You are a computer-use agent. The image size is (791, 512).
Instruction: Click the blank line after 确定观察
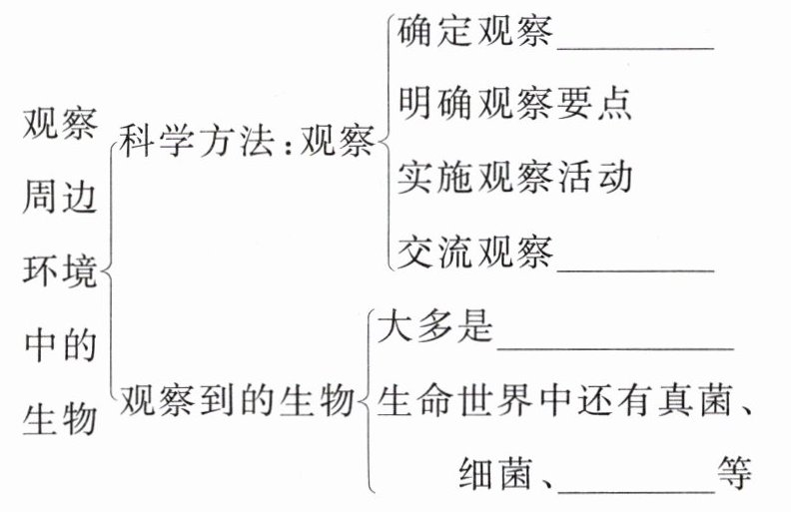[x=635, y=46]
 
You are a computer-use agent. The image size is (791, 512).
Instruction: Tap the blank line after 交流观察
[x=635, y=267]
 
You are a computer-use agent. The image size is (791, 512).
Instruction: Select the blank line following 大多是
[x=615, y=347]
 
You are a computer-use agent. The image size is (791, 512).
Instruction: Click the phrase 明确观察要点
[x=514, y=104]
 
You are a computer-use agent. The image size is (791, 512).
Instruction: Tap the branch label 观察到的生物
[x=237, y=402]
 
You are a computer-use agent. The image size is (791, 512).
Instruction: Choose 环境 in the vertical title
[x=60, y=271]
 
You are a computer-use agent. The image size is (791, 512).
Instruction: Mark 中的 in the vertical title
[x=60, y=345]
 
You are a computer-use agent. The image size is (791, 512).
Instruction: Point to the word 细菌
[x=493, y=473]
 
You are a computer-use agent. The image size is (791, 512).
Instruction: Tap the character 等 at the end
[x=734, y=473]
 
